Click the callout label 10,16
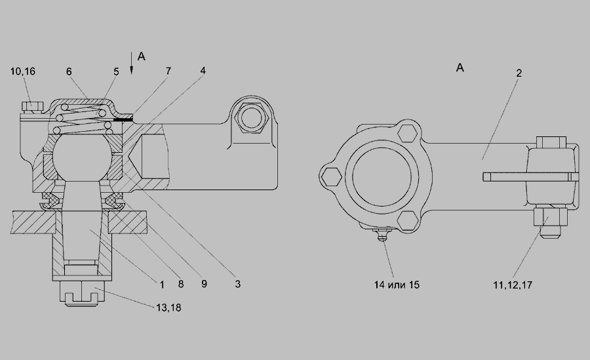tap(22, 71)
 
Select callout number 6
tap(69, 71)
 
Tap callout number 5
tap(116, 71)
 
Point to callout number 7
tap(168, 71)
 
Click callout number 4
tap(203, 70)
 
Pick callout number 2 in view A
tap(519, 73)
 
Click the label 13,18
tap(168, 308)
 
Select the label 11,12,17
tap(513, 285)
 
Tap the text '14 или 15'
tap(397, 285)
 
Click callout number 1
tap(162, 285)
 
